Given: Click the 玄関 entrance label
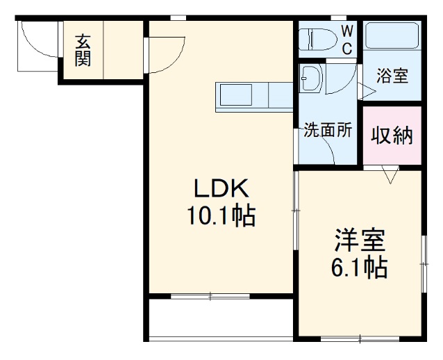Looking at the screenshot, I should [83, 51].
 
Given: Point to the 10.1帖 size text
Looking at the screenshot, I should [220, 217].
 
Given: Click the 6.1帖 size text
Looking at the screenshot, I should [358, 267].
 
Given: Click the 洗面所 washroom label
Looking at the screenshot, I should [328, 130].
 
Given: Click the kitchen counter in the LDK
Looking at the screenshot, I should [253, 96].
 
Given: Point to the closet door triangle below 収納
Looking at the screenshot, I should [390, 174].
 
